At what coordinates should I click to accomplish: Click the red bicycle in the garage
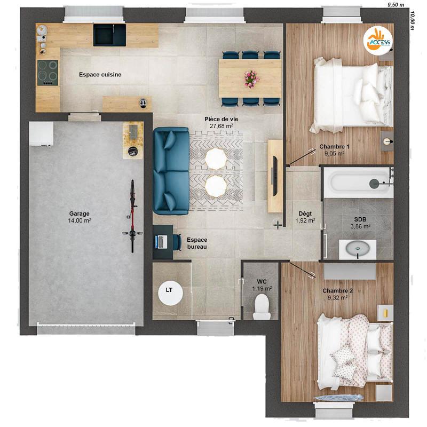(132, 216)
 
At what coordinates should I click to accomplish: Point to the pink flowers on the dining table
(251, 78)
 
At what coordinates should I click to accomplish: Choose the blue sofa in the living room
(171, 170)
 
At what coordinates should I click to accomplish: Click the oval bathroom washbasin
(357, 249)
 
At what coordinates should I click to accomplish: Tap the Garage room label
(79, 213)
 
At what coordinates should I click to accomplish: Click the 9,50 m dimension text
(396, 4)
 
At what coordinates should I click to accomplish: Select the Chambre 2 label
(337, 291)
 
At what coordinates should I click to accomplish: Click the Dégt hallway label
(305, 213)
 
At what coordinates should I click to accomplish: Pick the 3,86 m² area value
(360, 226)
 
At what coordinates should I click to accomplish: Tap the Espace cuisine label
(100, 75)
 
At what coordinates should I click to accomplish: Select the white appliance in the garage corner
(41, 134)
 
